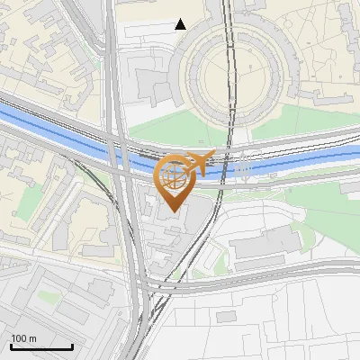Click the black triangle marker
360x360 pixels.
181,24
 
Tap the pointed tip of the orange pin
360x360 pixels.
173,211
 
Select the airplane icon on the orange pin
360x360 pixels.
201,162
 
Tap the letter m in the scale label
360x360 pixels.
32,338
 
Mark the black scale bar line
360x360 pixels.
40,346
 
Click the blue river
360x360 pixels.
54,125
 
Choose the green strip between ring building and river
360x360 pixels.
180,126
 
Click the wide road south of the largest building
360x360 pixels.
270,274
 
